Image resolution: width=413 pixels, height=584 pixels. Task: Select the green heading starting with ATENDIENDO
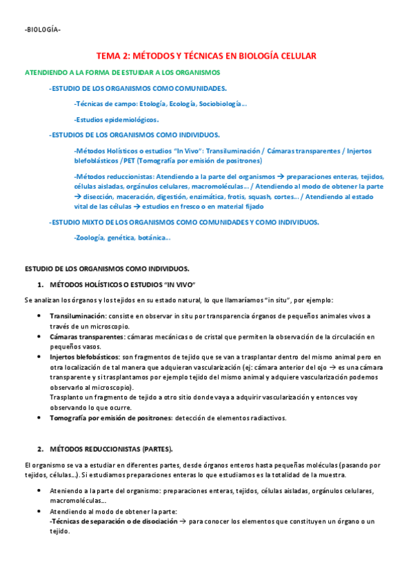click(123, 72)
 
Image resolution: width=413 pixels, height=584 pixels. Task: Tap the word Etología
click(152, 103)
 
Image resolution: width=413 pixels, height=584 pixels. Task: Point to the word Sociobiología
click(220, 103)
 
